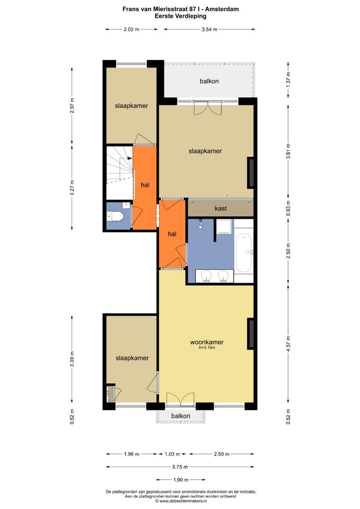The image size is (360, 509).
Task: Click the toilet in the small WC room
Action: [x=115, y=216]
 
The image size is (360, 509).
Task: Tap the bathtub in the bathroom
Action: [x=243, y=253]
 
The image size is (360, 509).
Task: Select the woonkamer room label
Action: [x=207, y=342]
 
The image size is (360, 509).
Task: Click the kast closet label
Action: [x=221, y=208]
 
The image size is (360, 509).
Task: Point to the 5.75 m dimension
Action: [x=180, y=467]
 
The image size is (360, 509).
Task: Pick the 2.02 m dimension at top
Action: [x=131, y=29]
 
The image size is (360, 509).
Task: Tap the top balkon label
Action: [x=209, y=81]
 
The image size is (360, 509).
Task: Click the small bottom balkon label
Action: [x=181, y=416]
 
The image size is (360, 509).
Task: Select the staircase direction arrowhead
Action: [x=130, y=158]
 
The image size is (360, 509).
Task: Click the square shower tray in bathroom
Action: [x=224, y=226]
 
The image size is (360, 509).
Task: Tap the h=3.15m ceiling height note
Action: [x=207, y=348]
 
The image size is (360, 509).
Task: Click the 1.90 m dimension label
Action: [x=181, y=480]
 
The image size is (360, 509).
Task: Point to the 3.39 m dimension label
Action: [x=72, y=359]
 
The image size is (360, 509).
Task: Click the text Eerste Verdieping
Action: [x=180, y=15]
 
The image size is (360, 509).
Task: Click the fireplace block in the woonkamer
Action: [x=251, y=334]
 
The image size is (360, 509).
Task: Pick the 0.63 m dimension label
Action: [x=288, y=208]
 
